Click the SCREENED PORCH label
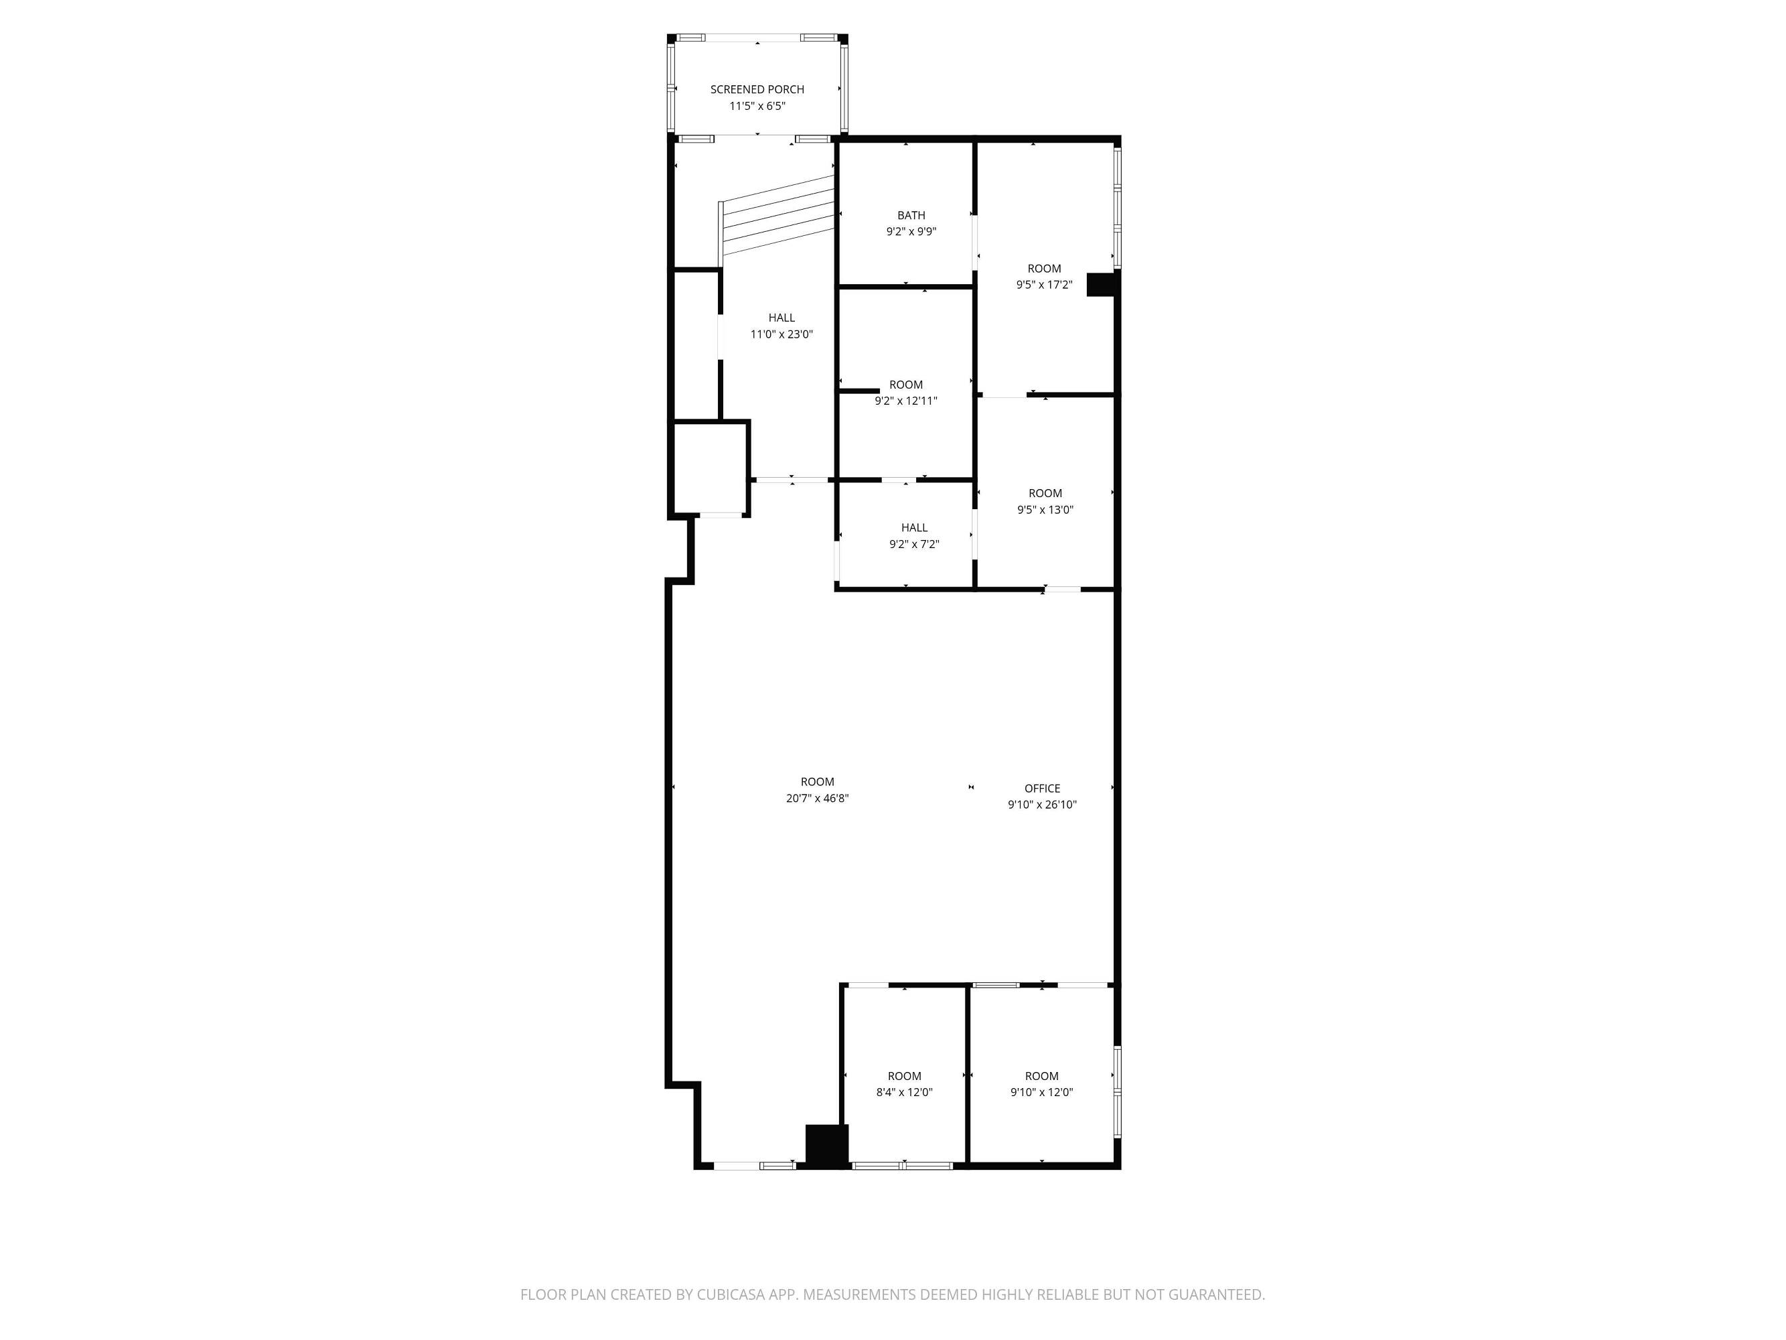pos(757,90)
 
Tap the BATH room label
pos(911,215)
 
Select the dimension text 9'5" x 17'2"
pos(1044,284)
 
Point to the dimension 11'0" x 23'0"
pos(781,334)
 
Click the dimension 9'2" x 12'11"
pos(906,401)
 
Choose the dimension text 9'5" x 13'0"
pos(1045,510)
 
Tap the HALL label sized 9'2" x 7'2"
pos(914,527)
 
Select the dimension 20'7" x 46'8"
pos(817,798)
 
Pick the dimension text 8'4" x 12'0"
pos(904,1092)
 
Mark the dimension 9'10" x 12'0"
pos(1041,1092)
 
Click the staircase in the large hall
pos(777,216)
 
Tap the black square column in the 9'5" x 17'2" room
pos(1102,284)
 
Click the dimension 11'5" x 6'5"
pos(757,106)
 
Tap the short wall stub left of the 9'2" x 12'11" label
pos(859,391)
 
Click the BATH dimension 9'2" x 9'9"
pos(911,231)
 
